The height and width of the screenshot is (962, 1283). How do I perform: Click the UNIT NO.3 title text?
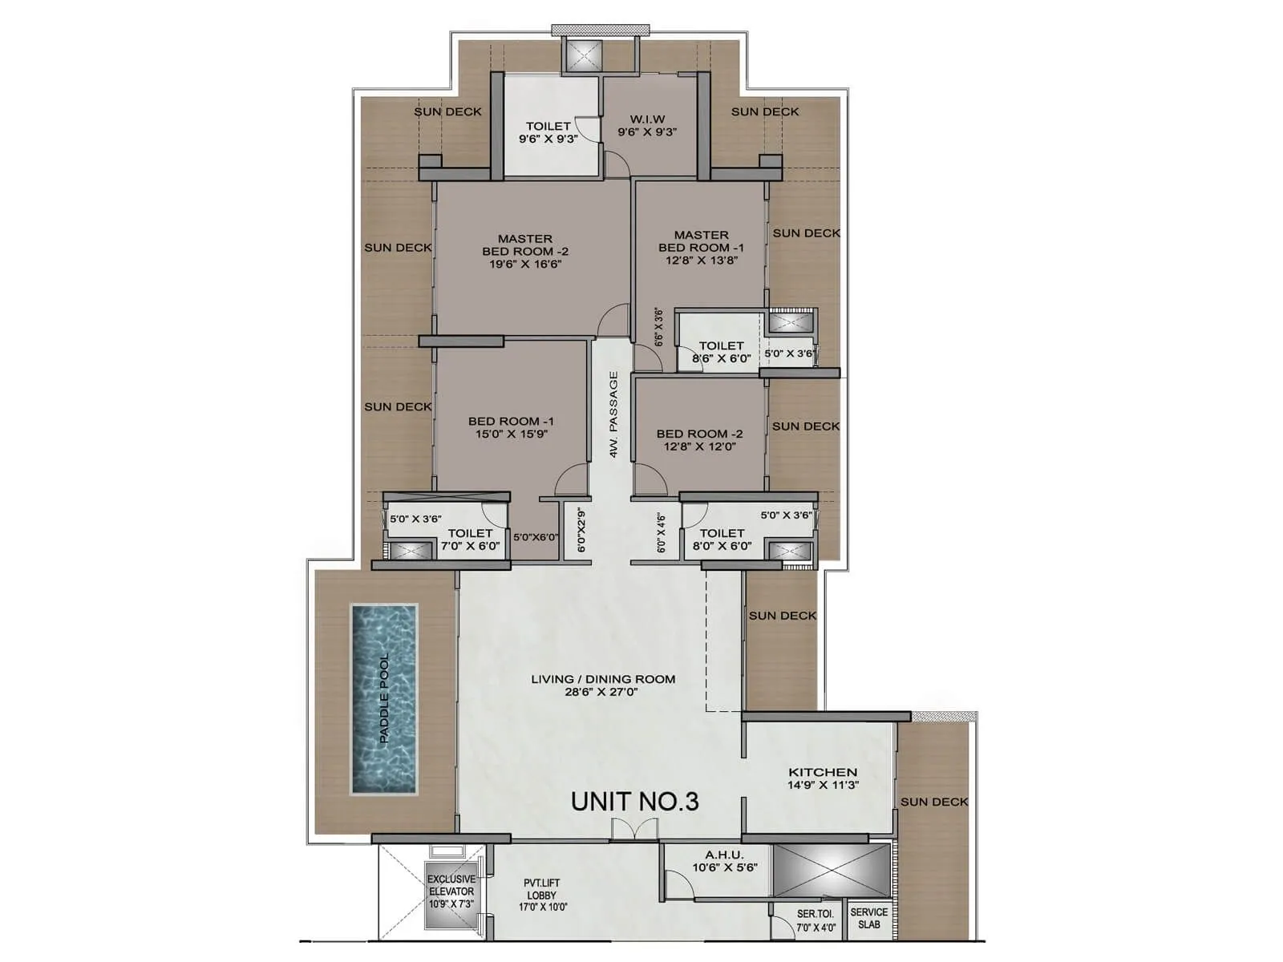[x=634, y=801]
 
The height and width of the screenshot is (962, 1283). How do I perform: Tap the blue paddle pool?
[x=384, y=699]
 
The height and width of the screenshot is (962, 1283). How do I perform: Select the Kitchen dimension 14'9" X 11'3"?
[x=823, y=786]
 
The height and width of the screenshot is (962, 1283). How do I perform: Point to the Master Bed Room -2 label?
[x=525, y=245]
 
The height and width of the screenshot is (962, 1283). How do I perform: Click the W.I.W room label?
[x=647, y=119]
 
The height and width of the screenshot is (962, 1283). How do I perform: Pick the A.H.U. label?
[x=724, y=855]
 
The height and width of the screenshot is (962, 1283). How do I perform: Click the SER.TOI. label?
[x=816, y=914]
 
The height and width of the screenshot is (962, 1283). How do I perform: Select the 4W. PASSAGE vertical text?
[x=613, y=414]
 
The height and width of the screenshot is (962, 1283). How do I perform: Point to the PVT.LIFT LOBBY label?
[x=542, y=889]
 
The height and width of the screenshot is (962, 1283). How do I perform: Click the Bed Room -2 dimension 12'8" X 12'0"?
[x=699, y=447]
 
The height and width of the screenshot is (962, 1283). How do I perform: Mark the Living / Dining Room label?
[x=603, y=679]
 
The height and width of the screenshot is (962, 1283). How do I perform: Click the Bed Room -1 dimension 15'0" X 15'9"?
[x=511, y=434]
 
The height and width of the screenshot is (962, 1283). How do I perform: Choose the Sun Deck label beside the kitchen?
[x=934, y=802]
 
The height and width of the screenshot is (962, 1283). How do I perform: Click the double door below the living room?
[x=623, y=831]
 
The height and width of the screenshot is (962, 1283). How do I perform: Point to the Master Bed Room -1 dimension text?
[x=701, y=260]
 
